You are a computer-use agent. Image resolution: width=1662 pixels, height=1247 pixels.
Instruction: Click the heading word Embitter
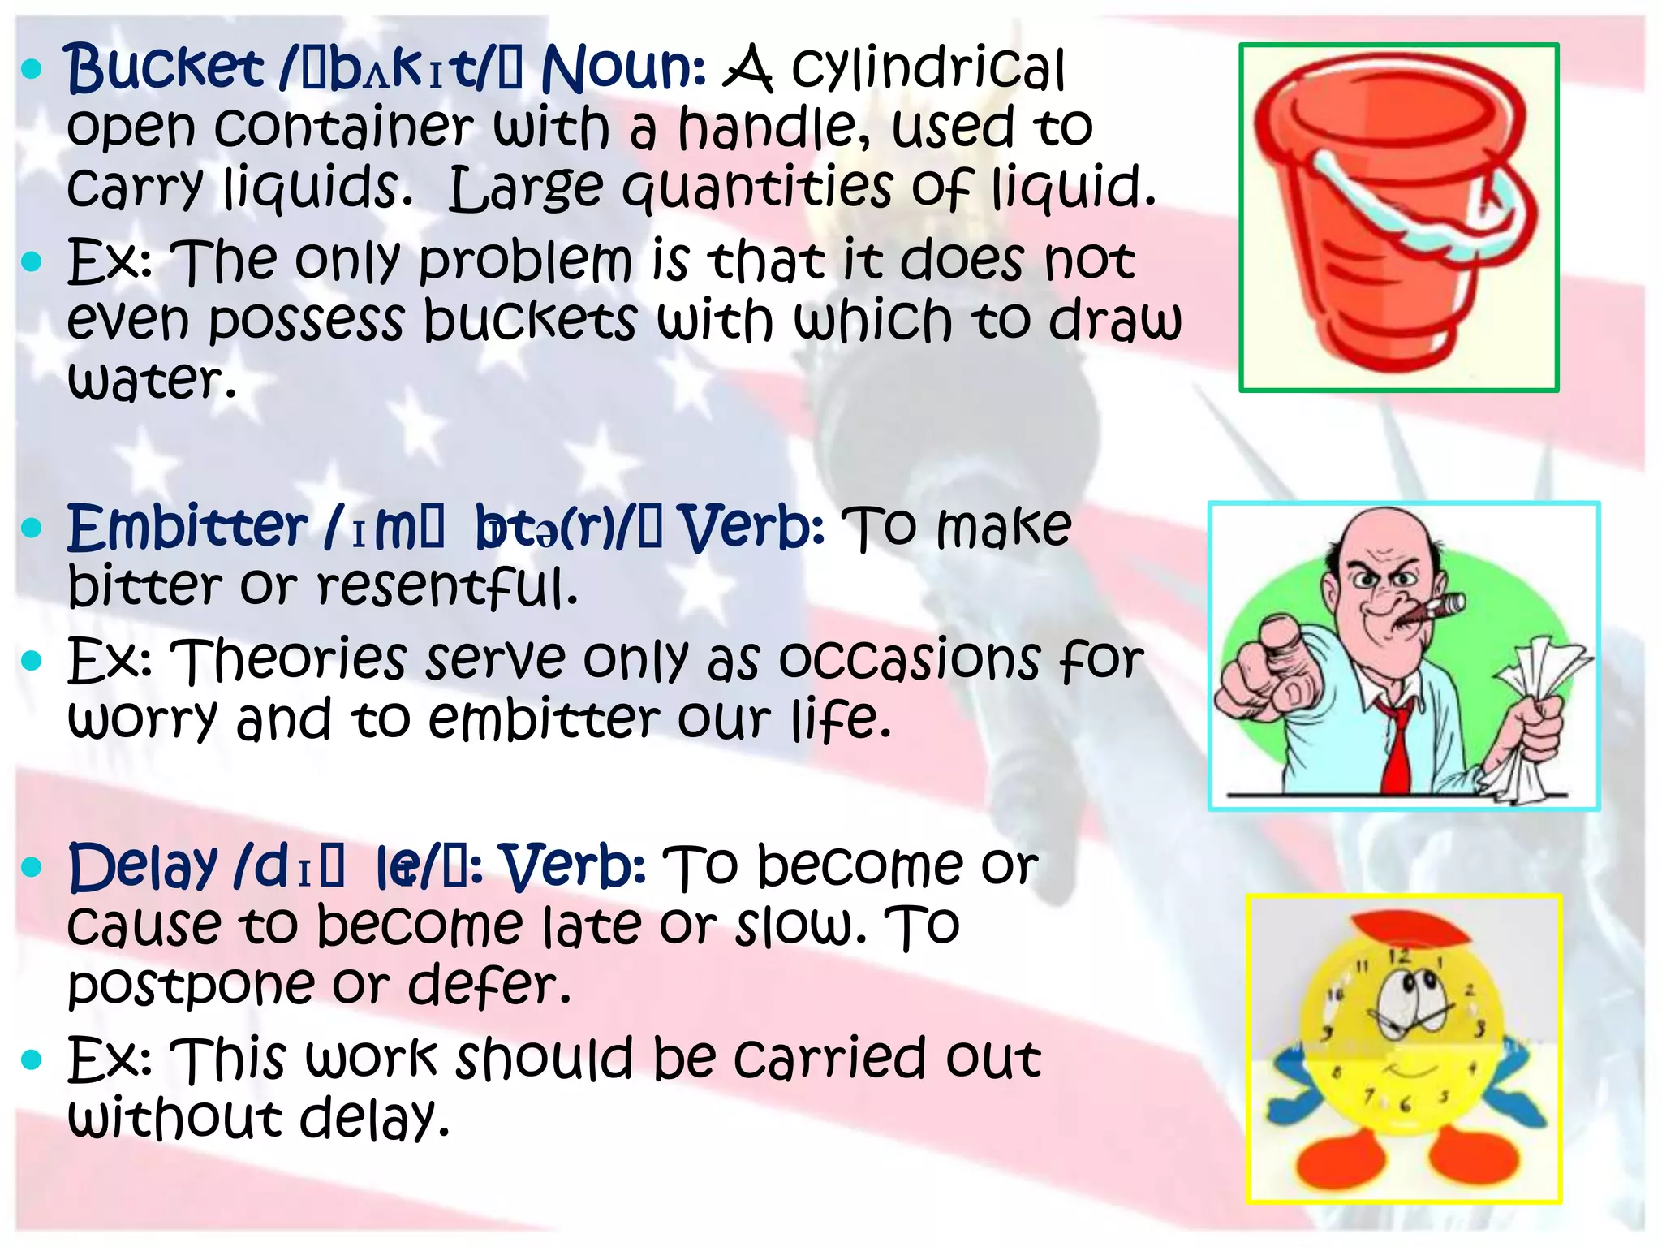pyautogui.click(x=187, y=528)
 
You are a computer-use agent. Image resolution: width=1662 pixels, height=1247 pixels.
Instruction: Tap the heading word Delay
pyautogui.click(x=143, y=868)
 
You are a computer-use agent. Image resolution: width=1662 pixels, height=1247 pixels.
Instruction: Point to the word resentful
pyautogui.click(x=446, y=586)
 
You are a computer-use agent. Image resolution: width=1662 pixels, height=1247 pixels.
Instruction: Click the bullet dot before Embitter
pyautogui.click(x=31, y=529)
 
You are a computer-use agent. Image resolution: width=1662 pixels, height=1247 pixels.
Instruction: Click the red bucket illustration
pyautogui.click(x=1371, y=268)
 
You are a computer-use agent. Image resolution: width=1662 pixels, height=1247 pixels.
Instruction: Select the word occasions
pyautogui.click(x=909, y=659)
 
